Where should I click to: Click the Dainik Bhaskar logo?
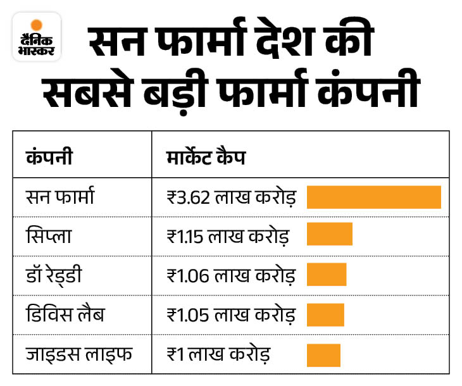pos(37,37)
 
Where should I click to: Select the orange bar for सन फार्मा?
pos(374,197)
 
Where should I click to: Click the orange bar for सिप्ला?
pos(330,235)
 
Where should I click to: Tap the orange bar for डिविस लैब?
pos(325,314)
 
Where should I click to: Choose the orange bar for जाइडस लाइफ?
pos(323,354)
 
